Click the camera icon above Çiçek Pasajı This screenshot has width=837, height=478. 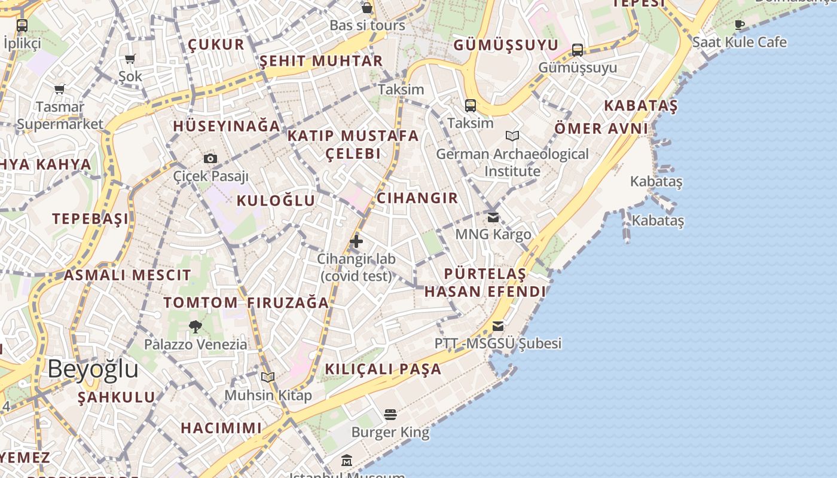(x=210, y=158)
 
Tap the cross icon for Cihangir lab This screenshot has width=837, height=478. (x=356, y=241)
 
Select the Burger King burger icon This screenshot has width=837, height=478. (x=390, y=414)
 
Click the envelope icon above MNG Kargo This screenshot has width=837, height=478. (x=493, y=217)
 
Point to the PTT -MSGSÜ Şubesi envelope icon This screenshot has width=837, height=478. (x=498, y=326)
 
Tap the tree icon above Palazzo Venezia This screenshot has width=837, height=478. (x=195, y=326)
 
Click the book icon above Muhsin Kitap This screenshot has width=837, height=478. (x=268, y=377)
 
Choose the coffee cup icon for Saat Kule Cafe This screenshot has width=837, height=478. (x=740, y=24)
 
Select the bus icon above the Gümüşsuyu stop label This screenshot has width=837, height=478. (x=578, y=50)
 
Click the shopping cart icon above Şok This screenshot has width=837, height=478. (x=130, y=59)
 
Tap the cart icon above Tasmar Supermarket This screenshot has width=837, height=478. (x=59, y=90)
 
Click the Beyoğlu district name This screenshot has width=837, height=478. (x=93, y=369)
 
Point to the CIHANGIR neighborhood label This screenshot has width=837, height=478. (x=417, y=198)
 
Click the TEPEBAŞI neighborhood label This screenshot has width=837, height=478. (x=90, y=219)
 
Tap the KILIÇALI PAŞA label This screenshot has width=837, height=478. (x=383, y=369)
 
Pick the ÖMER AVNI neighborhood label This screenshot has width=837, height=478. (x=601, y=128)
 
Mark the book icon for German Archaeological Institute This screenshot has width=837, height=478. (x=512, y=136)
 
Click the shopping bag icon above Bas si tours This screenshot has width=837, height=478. (x=367, y=8)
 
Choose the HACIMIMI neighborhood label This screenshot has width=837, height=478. (x=221, y=428)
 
